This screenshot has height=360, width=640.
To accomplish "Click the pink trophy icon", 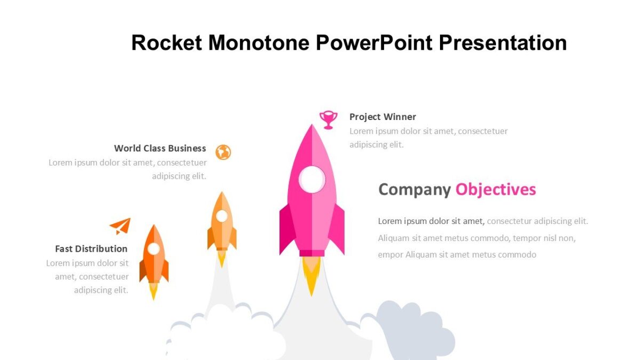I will (x=328, y=119).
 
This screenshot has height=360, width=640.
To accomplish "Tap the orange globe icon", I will (x=223, y=153).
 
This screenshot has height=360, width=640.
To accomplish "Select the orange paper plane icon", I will (x=121, y=226).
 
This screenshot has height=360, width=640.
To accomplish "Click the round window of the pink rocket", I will (x=312, y=179).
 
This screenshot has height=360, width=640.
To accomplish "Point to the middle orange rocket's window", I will (x=222, y=216).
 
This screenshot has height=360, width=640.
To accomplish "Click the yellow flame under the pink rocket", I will (x=311, y=275).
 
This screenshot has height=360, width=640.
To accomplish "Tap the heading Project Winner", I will (x=382, y=117).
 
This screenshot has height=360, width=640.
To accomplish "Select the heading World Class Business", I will (x=160, y=148).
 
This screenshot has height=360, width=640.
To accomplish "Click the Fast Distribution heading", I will (x=91, y=249).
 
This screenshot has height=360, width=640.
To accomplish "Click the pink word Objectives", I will (x=495, y=189).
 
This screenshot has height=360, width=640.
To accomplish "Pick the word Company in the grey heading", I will (x=414, y=189).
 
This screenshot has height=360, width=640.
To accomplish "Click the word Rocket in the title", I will (x=166, y=43).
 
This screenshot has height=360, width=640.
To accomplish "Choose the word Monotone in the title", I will (x=259, y=43).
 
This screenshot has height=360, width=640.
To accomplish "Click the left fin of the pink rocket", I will (x=286, y=229).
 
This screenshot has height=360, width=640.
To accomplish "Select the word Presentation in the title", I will (x=503, y=43).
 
